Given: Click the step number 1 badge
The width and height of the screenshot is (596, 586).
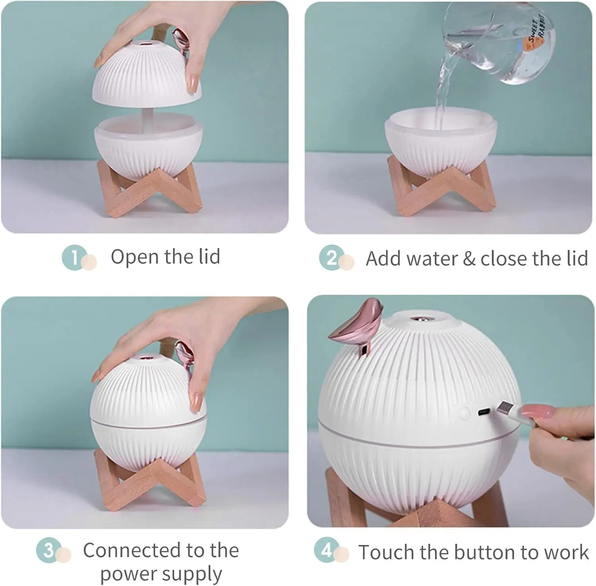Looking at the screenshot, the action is [x=74, y=258].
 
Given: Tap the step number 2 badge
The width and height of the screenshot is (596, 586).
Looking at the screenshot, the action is [x=331, y=258].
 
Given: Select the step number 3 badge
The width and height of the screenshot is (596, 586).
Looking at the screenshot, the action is [x=48, y=550].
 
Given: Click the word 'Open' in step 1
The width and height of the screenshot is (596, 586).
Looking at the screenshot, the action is [x=135, y=257].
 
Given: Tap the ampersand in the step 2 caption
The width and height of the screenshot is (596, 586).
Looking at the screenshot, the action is [x=469, y=258].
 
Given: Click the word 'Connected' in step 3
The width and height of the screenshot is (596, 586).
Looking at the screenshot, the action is [x=131, y=550].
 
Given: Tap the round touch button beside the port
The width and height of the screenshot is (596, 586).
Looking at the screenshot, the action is [x=464, y=413].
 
